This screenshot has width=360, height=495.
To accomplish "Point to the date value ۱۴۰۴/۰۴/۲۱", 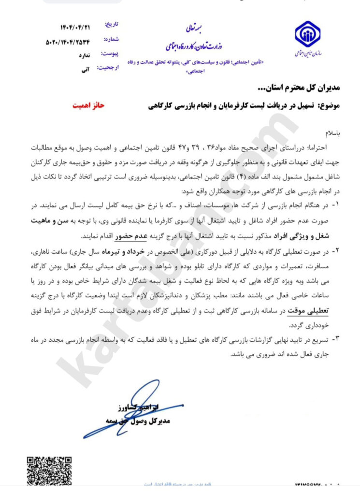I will tap(65, 25).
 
